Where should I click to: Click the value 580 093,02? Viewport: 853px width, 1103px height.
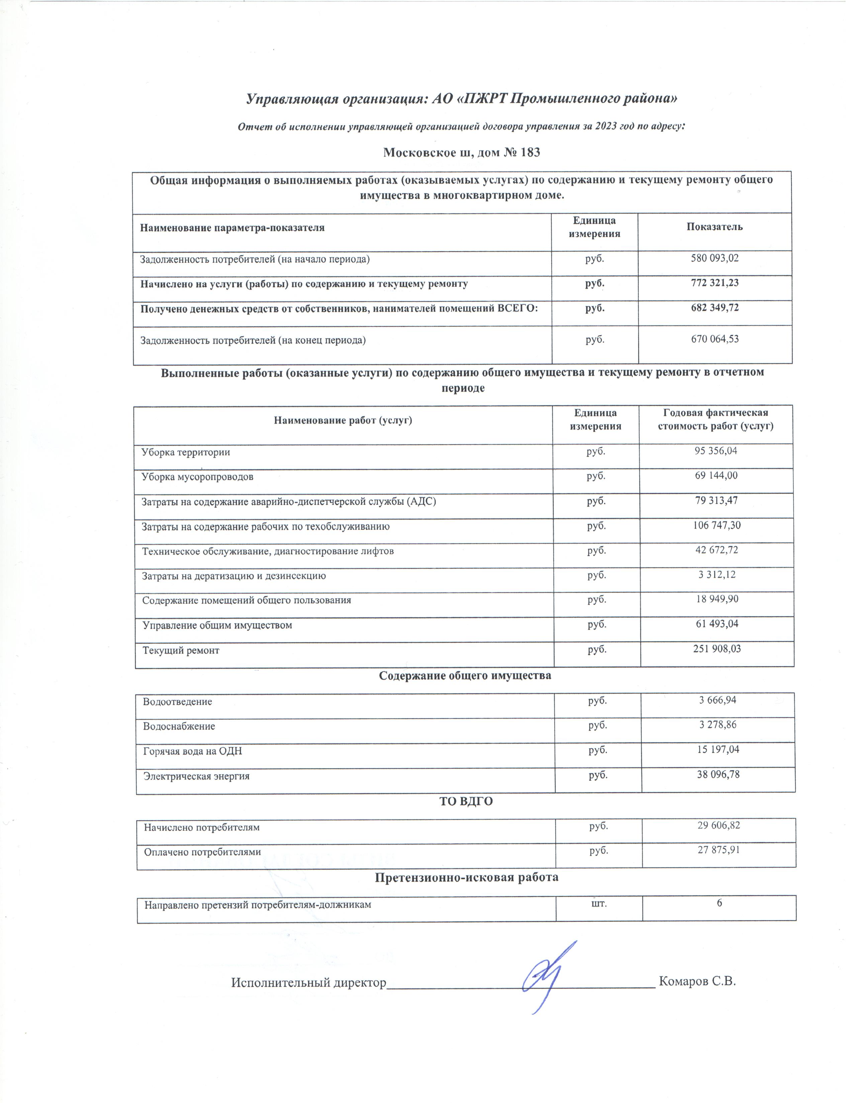pyautogui.click(x=715, y=259)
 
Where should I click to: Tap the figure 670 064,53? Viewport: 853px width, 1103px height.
pyautogui.click(x=715, y=339)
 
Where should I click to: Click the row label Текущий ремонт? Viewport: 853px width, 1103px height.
pyautogui.click(x=181, y=650)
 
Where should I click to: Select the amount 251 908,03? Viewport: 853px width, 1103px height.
pyautogui.click(x=717, y=649)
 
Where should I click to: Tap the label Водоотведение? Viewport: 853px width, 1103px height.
pyautogui.click(x=177, y=702)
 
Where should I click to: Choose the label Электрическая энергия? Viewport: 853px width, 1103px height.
pyautogui.click(x=197, y=776)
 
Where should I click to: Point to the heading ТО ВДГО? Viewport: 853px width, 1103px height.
pyautogui.click(x=466, y=802)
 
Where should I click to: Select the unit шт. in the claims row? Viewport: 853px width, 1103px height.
pyautogui.click(x=599, y=903)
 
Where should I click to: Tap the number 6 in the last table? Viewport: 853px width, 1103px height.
pyautogui.click(x=719, y=903)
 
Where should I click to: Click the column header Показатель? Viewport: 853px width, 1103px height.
pyautogui.click(x=715, y=227)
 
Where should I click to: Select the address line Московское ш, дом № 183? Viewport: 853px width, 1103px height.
pyautogui.click(x=461, y=152)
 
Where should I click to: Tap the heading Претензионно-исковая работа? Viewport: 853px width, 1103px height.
pyautogui.click(x=466, y=877)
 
